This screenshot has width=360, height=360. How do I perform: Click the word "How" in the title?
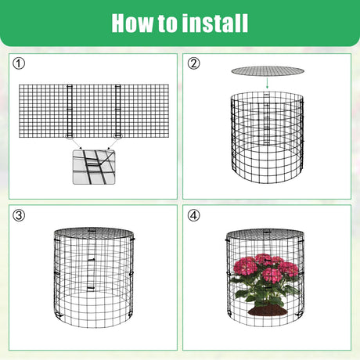pos(132,23)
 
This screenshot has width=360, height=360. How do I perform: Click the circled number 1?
pos(19,63)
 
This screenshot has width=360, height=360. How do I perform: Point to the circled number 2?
pos(194,63)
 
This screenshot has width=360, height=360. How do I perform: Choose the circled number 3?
pos(19,215)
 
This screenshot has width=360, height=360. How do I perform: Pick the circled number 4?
pos(194,215)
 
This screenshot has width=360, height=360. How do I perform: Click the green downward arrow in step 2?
pos(267,83)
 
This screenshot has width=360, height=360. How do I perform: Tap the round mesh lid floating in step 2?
pos(268,70)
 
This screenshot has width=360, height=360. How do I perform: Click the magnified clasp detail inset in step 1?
pos(94,167)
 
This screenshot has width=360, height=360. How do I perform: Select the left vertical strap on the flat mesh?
pos(70,111)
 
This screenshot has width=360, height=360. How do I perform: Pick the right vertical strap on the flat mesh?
pos(118,111)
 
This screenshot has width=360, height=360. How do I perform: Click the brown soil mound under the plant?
pos(266,310)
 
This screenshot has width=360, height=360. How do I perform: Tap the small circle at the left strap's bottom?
pos(70,135)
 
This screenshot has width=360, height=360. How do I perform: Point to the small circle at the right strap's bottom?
pos(118,135)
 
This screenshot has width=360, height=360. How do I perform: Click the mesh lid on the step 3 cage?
pos(94,233)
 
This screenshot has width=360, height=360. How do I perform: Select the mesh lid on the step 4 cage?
pos(265,235)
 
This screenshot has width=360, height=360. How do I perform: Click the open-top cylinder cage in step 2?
pos(267,137)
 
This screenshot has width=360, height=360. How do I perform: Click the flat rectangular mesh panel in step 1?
pos(94,111)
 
